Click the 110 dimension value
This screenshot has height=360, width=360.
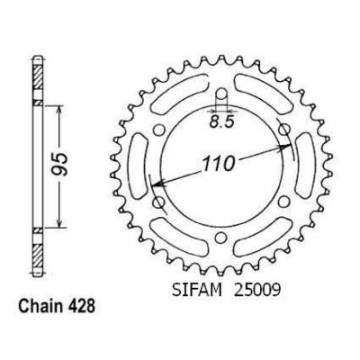(219, 164)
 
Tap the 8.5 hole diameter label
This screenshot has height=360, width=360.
(221, 122)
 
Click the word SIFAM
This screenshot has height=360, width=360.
(197, 291)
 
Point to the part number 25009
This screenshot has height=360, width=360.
(256, 291)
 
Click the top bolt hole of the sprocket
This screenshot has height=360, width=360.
(221, 94)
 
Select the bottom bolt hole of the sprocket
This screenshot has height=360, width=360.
(221, 238)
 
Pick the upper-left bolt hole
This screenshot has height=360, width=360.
(159, 130)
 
